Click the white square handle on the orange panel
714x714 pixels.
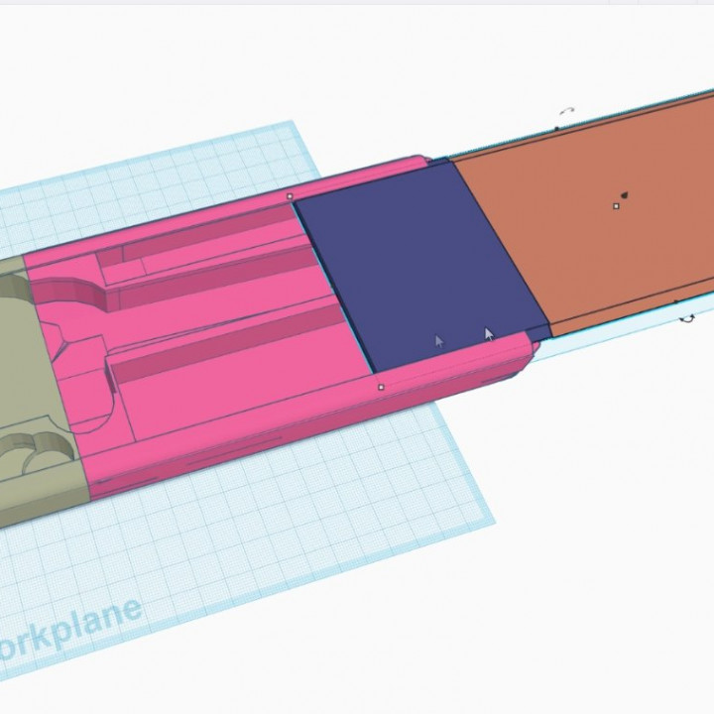tap(617, 206)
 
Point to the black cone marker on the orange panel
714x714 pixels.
tap(626, 192)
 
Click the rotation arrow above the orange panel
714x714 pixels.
tap(567, 111)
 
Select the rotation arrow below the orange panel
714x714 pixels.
tap(686, 318)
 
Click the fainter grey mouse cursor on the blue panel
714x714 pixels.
tap(439, 341)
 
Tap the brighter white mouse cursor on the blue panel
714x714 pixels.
tap(488, 334)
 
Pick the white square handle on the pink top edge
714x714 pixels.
tap(290, 196)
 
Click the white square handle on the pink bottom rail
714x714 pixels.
tap(382, 387)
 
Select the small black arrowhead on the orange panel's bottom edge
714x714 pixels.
tap(677, 300)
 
